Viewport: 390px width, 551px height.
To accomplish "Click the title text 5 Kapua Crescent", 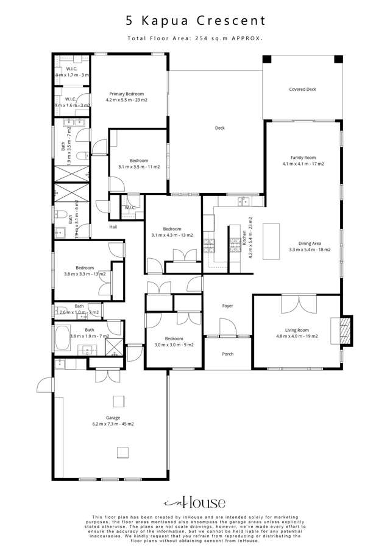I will point(195,21).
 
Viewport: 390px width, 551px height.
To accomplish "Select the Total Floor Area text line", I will point(195,38).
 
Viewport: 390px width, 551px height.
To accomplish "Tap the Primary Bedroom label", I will point(127,93).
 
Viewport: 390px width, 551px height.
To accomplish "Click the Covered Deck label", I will point(302,89).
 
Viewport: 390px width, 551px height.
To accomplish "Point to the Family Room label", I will point(303,158).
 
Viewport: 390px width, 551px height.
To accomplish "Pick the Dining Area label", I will point(303,243).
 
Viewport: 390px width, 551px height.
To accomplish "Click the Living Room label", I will point(297,329).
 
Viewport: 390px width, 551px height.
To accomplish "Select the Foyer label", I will point(227,306).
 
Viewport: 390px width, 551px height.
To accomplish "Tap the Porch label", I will point(227,354).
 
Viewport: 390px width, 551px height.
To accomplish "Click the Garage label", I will point(113,418).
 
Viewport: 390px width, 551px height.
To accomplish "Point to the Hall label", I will point(113,227).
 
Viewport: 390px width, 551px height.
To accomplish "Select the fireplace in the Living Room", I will point(344,330).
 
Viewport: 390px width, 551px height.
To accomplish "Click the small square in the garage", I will point(123,451).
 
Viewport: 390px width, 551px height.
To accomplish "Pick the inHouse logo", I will point(195,503).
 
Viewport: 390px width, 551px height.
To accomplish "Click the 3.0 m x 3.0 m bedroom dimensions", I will point(174,345).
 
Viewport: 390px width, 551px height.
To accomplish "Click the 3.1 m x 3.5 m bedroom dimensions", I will point(139,167).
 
